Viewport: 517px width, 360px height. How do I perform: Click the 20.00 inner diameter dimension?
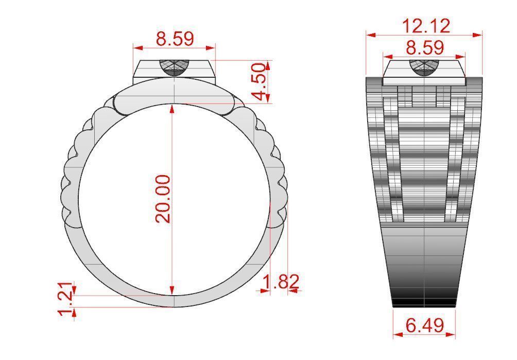(164, 199)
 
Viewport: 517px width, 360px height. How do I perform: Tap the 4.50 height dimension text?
(260, 82)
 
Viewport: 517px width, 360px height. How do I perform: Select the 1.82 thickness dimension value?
(281, 282)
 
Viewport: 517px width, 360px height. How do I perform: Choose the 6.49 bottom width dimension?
(424, 326)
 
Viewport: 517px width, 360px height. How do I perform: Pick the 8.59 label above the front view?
(175, 39)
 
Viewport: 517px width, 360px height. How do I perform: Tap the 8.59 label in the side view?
(424, 48)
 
